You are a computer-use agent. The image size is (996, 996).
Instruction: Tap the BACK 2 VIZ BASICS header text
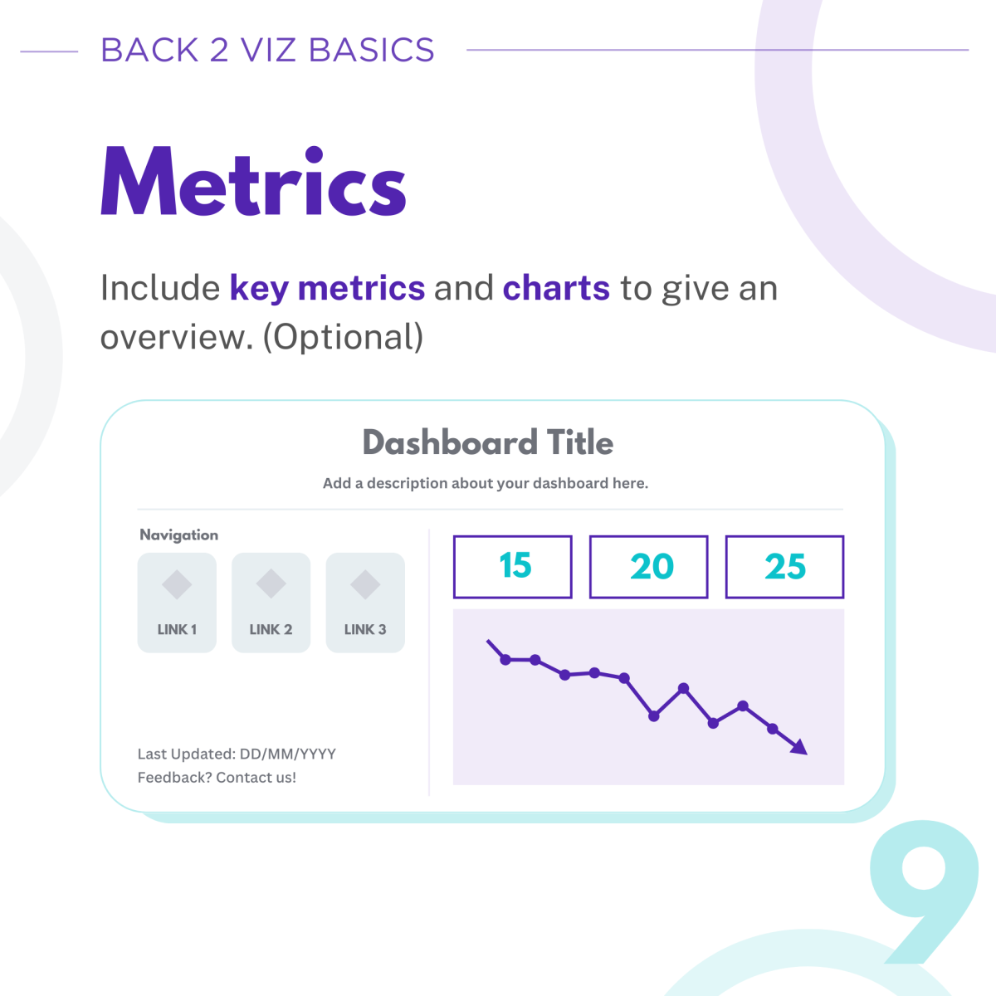[267, 50]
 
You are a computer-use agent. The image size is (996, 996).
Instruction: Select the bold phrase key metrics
[327, 288]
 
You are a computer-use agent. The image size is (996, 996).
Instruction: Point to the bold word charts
[556, 288]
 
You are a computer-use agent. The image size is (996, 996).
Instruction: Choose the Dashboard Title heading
[488, 442]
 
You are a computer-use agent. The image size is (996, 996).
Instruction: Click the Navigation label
[178, 535]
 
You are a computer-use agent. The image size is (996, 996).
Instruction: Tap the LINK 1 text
[177, 629]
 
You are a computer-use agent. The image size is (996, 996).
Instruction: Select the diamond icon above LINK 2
[271, 584]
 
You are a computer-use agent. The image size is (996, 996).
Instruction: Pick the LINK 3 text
[365, 629]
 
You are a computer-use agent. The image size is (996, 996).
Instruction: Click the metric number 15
[515, 565]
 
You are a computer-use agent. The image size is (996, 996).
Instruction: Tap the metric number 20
[652, 567]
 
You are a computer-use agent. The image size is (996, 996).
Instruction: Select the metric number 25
[785, 567]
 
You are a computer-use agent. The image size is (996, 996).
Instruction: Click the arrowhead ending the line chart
[799, 747]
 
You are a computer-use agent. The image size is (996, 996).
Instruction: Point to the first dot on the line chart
[505, 660]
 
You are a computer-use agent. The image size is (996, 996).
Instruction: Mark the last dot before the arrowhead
[772, 729]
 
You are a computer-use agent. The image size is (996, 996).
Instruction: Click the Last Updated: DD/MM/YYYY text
[237, 754]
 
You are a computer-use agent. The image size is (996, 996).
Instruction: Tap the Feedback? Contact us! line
[217, 778]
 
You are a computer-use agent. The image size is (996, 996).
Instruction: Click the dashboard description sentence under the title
[486, 483]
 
